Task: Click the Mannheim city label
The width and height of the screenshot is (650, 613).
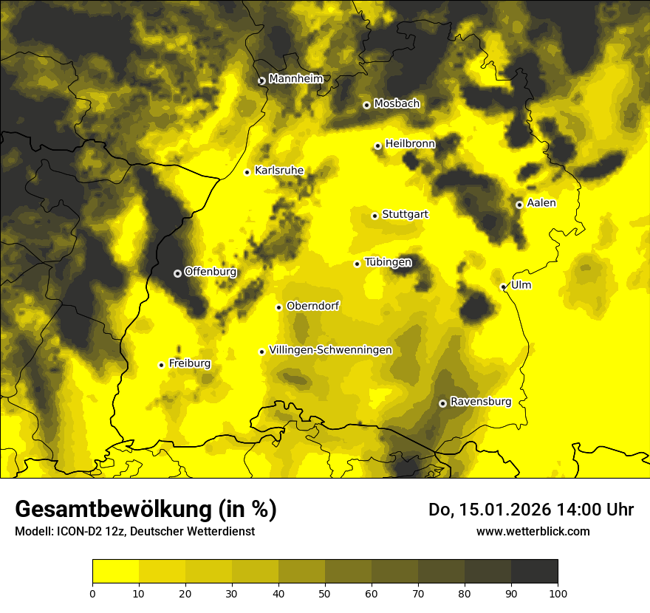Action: pos(295,79)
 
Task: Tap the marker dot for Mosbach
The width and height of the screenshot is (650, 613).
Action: pos(366,105)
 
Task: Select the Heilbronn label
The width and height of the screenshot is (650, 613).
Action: pos(410,144)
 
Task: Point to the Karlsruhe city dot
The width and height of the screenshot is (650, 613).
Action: pos(247,172)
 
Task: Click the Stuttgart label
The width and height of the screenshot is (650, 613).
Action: pos(405,215)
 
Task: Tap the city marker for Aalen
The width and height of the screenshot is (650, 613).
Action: pos(519,205)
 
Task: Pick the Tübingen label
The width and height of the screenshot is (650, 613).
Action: pos(388,262)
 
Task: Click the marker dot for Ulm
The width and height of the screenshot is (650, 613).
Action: pos(503,287)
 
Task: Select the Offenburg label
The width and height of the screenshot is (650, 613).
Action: pos(210,272)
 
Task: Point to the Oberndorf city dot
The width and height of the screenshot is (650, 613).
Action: pos(278,307)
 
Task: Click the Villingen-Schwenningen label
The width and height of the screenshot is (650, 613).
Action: pos(330,350)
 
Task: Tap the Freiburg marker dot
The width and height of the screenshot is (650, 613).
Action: pos(161,365)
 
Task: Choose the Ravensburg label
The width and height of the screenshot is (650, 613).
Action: pos(480,402)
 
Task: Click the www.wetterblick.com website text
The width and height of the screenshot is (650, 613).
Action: pos(533,531)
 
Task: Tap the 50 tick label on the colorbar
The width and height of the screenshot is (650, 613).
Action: pos(325,592)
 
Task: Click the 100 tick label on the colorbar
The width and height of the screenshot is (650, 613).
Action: pos(558,592)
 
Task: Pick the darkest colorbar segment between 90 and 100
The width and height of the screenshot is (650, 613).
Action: pos(534,572)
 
